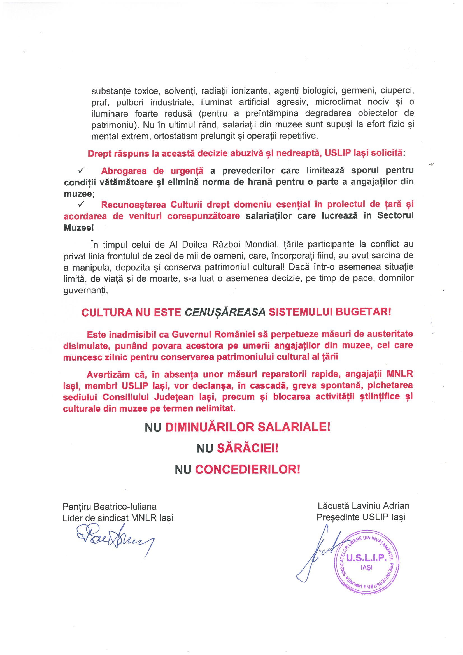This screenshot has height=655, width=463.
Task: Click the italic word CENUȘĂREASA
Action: pos(225,312)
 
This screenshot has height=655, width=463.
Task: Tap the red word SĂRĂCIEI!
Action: pos(247,449)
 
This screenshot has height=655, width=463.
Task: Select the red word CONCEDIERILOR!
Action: pos(247,470)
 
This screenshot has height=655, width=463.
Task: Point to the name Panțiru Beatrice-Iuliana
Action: pos(110,507)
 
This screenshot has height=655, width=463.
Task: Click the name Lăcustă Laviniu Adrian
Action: pos(364,506)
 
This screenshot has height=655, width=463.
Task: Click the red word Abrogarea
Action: pos(124,171)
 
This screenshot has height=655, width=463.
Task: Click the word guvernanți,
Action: pos(86,291)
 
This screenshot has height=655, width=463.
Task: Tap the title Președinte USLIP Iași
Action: pos(361,517)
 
